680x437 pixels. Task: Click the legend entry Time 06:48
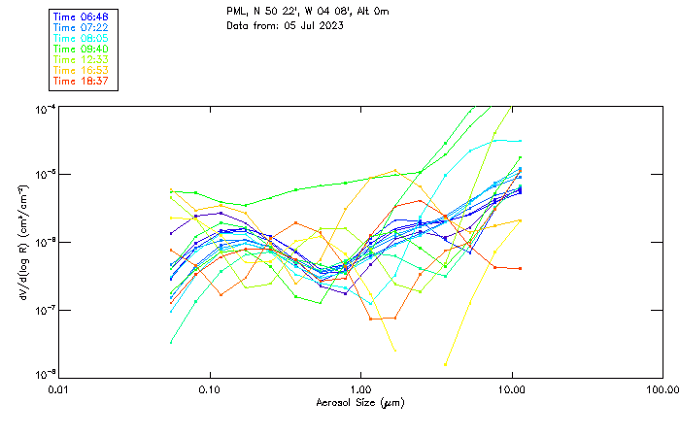click(x=82, y=17)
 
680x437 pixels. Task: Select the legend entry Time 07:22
click(x=82, y=27)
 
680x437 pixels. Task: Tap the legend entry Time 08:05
click(x=82, y=38)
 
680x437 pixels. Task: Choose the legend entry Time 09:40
click(x=82, y=49)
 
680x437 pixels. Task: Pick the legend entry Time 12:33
click(x=82, y=59)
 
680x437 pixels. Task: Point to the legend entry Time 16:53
click(x=82, y=70)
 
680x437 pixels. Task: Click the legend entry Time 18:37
click(x=82, y=81)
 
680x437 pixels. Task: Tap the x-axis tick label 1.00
click(x=360, y=389)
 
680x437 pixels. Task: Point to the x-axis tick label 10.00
click(x=511, y=389)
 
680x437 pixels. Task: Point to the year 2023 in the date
click(x=330, y=25)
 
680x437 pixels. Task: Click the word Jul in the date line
click(x=305, y=25)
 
